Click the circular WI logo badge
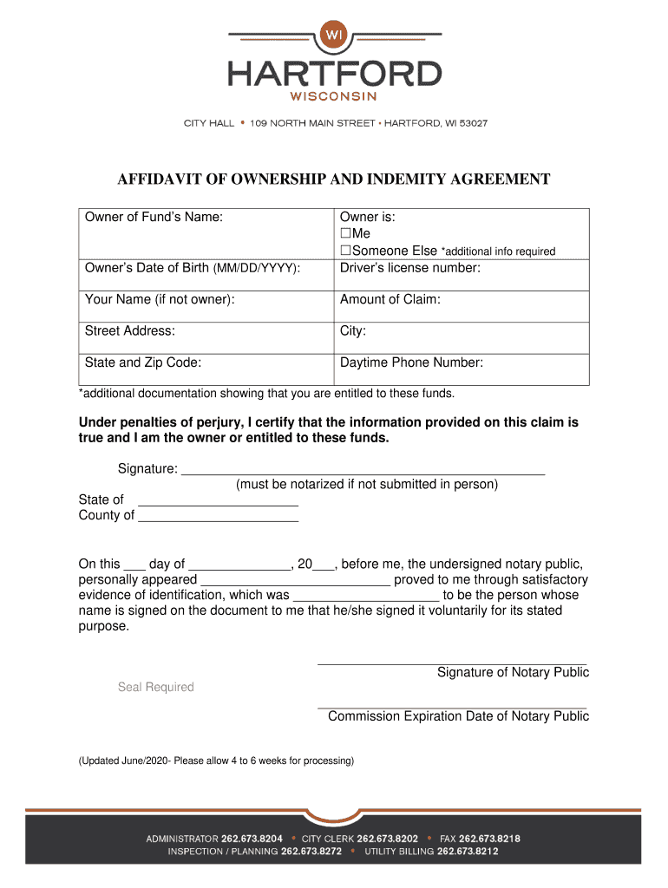334,36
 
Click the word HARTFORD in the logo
334,73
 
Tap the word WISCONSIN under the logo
334,96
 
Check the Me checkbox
345,234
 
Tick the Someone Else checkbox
345,251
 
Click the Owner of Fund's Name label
154,218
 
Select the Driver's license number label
409,268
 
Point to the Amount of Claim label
390,299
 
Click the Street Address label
129,331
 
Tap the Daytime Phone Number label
411,362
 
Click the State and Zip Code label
143,362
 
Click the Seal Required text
156,688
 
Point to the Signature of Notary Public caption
513,673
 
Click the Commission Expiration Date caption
458,716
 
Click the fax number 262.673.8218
490,839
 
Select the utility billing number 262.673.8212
468,852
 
